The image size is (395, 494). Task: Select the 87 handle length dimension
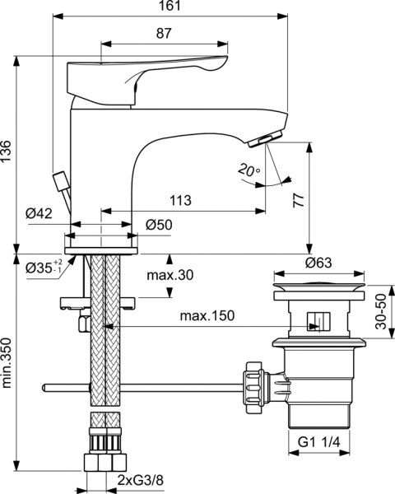pyautogui.click(x=163, y=32)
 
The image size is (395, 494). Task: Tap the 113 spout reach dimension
pyautogui.click(x=180, y=200)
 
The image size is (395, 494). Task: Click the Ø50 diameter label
pyautogui.click(x=158, y=224)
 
